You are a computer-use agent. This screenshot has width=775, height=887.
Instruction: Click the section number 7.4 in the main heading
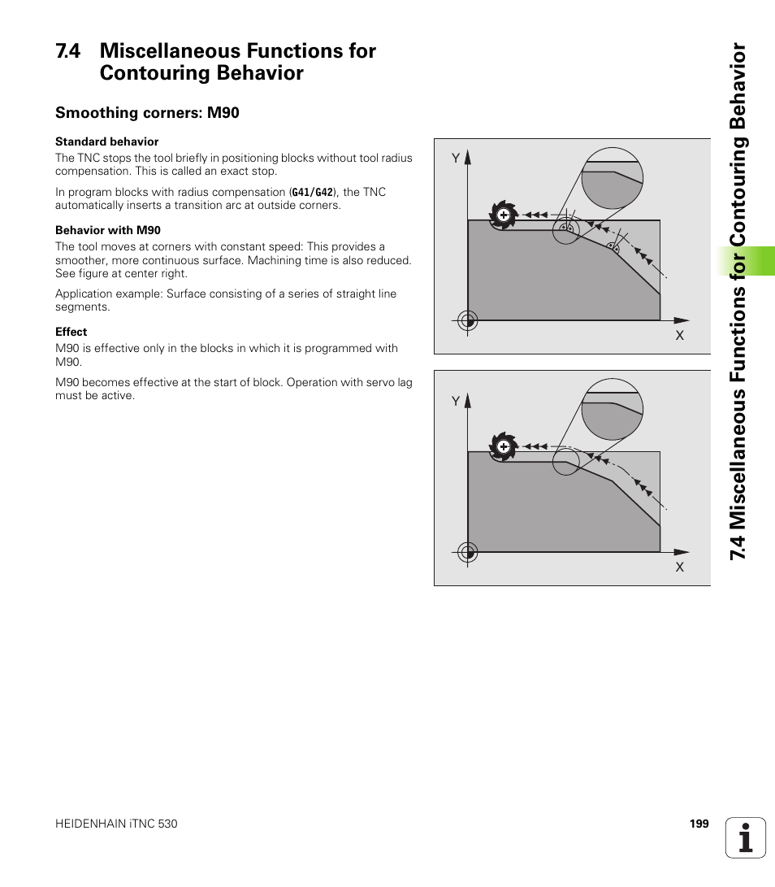tap(69, 51)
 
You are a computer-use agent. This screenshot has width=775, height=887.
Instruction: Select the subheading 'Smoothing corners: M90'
tap(147, 113)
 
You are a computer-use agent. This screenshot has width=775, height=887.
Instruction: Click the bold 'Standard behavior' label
tap(106, 141)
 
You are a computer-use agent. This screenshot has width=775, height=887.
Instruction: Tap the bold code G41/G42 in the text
tap(312, 193)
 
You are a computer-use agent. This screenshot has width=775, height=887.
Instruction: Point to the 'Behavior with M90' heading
tap(108, 230)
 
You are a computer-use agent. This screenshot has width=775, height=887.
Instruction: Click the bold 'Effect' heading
tap(71, 332)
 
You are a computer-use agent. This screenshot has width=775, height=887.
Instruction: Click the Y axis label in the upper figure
tap(456, 159)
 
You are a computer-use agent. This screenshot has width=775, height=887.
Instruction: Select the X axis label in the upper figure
tap(680, 335)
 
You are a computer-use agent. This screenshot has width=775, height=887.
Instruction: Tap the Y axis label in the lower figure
tap(456, 401)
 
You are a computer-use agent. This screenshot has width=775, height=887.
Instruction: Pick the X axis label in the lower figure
tap(680, 567)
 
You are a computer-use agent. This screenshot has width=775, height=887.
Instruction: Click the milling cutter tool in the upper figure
tap(504, 215)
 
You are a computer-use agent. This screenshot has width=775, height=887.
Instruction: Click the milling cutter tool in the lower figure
tap(504, 447)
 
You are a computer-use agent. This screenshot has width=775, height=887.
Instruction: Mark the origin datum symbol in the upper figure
tap(467, 320)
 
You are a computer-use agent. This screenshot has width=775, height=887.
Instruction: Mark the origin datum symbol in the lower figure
tap(467, 553)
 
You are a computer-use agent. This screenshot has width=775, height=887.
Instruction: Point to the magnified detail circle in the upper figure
tap(613, 179)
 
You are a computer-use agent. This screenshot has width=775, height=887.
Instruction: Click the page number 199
tap(699, 824)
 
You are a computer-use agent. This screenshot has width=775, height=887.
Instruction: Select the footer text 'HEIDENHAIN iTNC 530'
tap(116, 824)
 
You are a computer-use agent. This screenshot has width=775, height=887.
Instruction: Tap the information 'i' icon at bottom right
tap(745, 837)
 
